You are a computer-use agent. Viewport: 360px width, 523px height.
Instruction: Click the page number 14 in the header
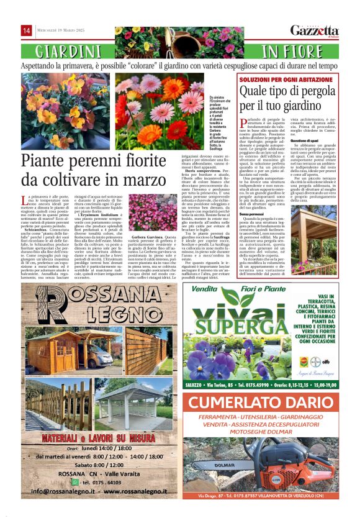click(27, 30)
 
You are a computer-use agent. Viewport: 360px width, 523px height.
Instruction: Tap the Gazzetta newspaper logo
click(315, 30)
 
